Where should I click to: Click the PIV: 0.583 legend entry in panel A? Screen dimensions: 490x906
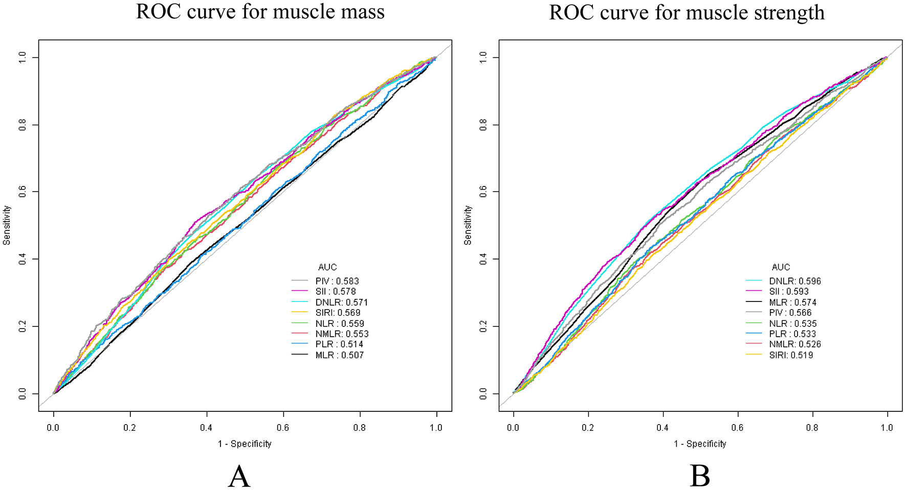(x=337, y=281)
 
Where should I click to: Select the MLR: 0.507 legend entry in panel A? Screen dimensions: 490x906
(x=339, y=355)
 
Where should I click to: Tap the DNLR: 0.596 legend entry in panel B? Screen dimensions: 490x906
(x=794, y=281)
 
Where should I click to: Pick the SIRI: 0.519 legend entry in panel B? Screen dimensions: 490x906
(x=791, y=355)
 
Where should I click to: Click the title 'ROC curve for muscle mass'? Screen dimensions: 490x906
(x=260, y=12)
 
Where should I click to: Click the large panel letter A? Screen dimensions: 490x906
(x=239, y=476)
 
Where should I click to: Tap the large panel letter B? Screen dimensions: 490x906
(x=699, y=476)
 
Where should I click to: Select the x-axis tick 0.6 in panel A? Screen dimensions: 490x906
(x=283, y=428)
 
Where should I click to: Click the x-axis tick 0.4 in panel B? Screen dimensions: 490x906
(x=663, y=428)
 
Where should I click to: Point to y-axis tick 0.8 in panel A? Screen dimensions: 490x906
(x=22, y=125)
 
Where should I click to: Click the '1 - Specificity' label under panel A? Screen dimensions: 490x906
(x=245, y=444)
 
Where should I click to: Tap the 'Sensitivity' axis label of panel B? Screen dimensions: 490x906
(x=468, y=225)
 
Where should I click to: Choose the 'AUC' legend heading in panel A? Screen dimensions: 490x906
(x=327, y=267)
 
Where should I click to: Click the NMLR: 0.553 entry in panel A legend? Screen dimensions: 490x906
(x=342, y=334)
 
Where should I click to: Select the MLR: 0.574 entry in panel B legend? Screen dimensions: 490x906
(x=792, y=302)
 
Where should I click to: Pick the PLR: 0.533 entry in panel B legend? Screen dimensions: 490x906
(x=792, y=334)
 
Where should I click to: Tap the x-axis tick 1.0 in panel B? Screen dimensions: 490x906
(x=887, y=428)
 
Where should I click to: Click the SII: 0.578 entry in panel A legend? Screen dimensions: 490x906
(x=335, y=291)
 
